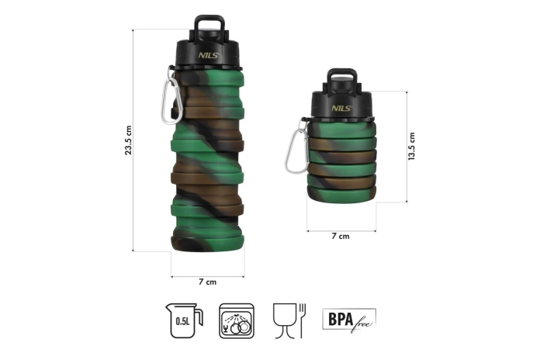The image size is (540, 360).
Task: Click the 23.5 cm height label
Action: coord(129,140)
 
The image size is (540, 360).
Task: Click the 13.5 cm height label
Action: coord(411,146)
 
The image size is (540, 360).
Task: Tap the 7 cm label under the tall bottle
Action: coord(208,282)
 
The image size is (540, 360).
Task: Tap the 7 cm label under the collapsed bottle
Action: coord(341,236)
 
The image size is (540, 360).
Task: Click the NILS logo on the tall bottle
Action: coord(209,55)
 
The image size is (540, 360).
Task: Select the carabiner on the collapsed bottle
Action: coord(296,147)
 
